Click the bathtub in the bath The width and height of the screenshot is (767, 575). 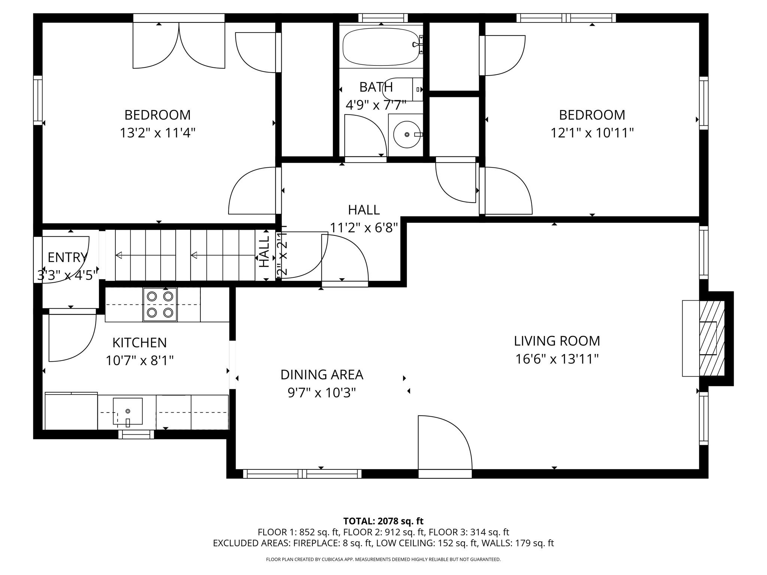tap(381, 47)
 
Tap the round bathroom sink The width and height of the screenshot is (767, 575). tap(407, 134)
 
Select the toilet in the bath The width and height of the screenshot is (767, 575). tap(403, 89)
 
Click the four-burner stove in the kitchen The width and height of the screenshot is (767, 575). tap(160, 304)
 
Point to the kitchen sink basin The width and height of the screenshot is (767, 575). tap(128, 411)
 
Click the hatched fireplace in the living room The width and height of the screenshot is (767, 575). tap(712, 338)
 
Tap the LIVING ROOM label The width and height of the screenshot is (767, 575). tap(557, 341)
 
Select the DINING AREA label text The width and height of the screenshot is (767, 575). tap(322, 375)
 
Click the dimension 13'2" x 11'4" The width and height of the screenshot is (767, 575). tap(158, 133)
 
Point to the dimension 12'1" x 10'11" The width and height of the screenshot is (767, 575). tap(592, 133)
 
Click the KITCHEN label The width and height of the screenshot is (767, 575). tap(139, 343)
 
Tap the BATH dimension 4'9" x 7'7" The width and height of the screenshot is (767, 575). tap(376, 105)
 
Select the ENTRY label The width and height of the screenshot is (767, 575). tap(67, 258)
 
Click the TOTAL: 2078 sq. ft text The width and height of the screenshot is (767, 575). tap(383, 521)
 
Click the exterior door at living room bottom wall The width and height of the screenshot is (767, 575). tap(445, 474)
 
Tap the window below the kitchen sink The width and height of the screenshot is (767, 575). tap(136, 434)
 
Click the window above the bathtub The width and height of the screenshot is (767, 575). tap(383, 18)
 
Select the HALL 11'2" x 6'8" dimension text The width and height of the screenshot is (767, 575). tap(364, 227)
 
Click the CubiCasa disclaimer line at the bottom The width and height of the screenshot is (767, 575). tap(383, 559)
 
